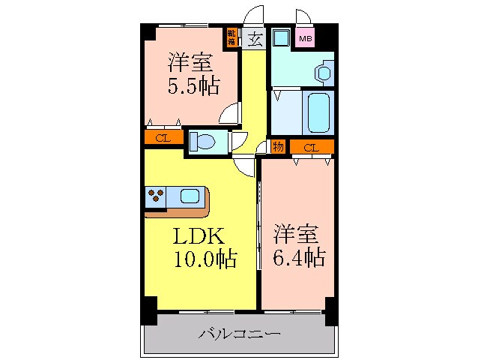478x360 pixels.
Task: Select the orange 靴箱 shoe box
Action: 233,37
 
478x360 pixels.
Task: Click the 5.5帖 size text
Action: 193,86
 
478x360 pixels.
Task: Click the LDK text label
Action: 199,237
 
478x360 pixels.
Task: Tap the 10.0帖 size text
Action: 207,259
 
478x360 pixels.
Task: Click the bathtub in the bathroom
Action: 318,112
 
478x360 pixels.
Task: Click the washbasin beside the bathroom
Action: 324,73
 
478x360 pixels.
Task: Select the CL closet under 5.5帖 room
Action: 163,138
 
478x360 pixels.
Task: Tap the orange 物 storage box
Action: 279,147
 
